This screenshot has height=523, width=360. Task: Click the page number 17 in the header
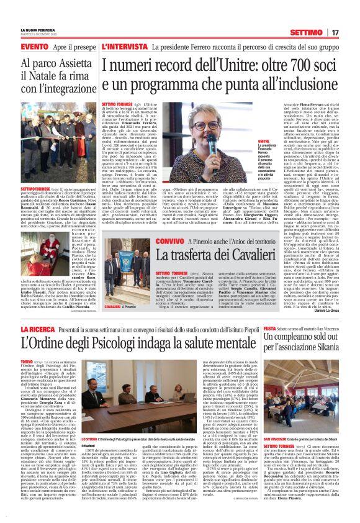coord(352,32)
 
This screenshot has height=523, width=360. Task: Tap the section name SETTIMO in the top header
coord(321,32)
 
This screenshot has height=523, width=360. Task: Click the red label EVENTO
coord(17,47)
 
